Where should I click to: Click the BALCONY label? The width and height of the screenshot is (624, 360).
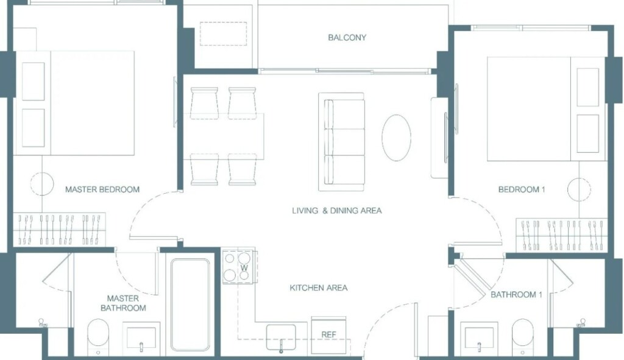(x=347, y=37)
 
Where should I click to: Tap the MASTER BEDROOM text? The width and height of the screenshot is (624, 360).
(x=102, y=189)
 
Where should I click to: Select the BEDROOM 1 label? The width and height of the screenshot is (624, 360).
(x=522, y=189)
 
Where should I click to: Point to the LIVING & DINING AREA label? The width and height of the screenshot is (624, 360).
(x=336, y=210)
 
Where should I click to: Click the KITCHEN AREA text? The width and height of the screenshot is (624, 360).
(x=318, y=288)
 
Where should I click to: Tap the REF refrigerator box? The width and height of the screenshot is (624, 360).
(x=328, y=335)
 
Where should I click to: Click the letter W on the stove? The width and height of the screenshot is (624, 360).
(x=244, y=268)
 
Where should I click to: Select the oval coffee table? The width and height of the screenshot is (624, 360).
(x=396, y=138)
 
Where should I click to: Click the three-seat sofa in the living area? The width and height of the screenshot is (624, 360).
(x=341, y=141)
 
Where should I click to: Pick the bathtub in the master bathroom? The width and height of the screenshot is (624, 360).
(x=190, y=305)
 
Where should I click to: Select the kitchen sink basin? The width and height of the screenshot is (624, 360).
(x=281, y=337)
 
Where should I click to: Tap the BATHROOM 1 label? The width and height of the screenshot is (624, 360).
(x=516, y=295)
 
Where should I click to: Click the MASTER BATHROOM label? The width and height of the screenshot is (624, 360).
(x=123, y=303)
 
